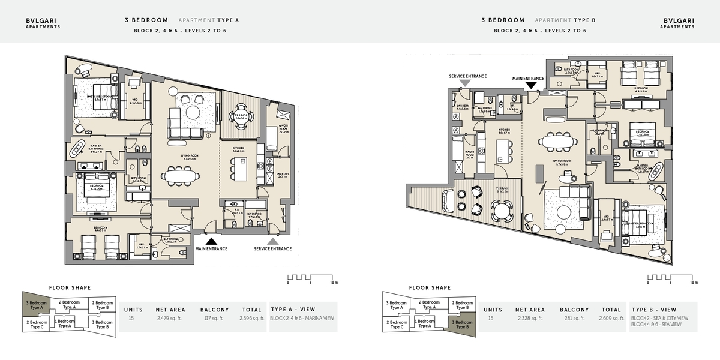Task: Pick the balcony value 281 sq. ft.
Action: (575, 319)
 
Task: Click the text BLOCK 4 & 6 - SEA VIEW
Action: (655, 324)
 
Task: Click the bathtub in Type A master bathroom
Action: (79, 148)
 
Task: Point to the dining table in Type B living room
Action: (558, 140)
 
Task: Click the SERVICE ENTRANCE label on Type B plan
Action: (468, 77)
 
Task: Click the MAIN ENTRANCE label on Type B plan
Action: (528, 78)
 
